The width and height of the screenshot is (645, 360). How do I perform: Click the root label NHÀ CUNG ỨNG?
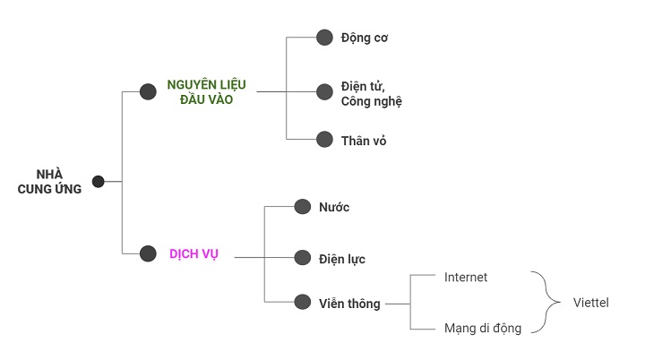pos(49,181)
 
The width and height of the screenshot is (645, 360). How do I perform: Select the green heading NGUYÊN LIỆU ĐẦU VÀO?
pos(206,92)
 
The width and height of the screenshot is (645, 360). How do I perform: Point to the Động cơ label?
pos(364,38)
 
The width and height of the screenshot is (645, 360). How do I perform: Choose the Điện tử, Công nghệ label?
pos(371,93)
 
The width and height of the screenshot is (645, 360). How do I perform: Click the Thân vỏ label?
pos(364,141)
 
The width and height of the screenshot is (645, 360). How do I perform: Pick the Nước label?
pos(334,208)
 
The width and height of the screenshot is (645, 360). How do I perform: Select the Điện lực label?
pos(341,259)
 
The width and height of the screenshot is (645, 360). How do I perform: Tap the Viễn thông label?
pos(349,304)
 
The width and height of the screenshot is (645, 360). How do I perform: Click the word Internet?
pos(466,278)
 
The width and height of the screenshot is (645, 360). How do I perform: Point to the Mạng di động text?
pos(482,329)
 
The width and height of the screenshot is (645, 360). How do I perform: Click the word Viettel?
pos(590,303)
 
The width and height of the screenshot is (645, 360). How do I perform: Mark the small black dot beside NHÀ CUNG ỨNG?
pos(99,182)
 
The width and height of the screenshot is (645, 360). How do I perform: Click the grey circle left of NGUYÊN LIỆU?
pos(149,91)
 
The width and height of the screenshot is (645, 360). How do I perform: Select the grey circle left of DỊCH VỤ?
pos(149,254)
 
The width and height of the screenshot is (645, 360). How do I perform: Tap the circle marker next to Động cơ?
pos(324,38)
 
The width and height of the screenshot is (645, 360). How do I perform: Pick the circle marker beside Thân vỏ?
pos(324,140)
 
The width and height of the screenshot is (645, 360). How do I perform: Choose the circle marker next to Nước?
pos(303,207)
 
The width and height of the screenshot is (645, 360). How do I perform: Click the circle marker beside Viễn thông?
pos(303,304)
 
